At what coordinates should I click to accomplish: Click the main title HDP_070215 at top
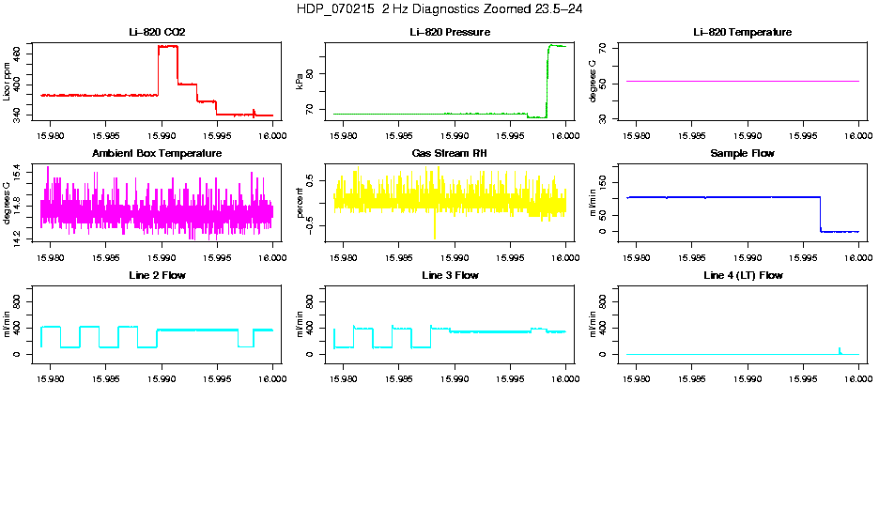(x=439, y=8)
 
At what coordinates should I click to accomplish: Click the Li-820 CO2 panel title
(x=157, y=32)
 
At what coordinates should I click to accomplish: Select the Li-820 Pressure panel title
(x=449, y=32)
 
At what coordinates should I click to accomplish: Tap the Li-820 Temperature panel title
(x=742, y=32)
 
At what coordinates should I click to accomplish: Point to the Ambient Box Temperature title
(x=157, y=153)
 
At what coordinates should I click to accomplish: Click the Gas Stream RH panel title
(x=449, y=153)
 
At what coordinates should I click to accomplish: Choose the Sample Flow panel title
(x=742, y=153)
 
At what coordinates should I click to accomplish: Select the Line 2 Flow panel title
(x=157, y=275)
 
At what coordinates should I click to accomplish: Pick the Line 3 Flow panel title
(x=449, y=275)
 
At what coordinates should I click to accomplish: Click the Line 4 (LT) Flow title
(x=742, y=275)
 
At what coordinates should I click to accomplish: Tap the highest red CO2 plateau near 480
(x=168, y=46)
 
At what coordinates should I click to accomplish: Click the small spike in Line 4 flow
(x=839, y=349)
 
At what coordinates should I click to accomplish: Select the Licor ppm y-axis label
(x=8, y=81)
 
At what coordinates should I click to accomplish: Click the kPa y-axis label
(x=301, y=82)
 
